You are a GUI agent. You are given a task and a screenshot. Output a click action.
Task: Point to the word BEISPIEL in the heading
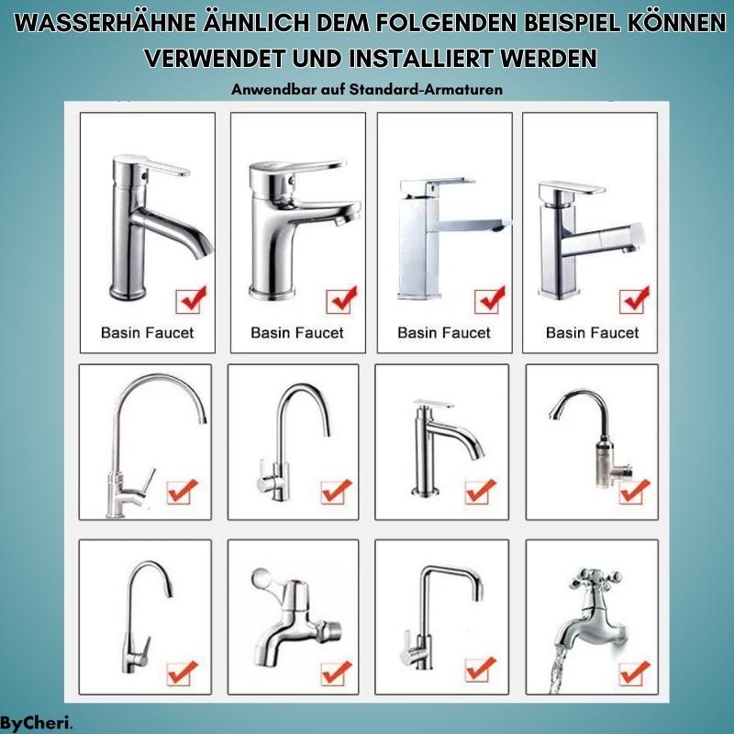[535, 24]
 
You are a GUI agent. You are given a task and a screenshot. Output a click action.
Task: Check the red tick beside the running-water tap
[633, 671]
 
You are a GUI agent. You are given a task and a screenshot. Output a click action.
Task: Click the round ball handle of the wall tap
[259, 582]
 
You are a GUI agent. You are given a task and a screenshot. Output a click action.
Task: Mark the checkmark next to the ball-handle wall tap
[336, 671]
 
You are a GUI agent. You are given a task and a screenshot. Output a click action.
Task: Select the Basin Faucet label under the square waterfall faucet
[444, 332]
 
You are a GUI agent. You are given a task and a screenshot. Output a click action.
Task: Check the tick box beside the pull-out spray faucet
[633, 299]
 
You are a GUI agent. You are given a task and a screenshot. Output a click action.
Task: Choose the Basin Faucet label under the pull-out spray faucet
[592, 332]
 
